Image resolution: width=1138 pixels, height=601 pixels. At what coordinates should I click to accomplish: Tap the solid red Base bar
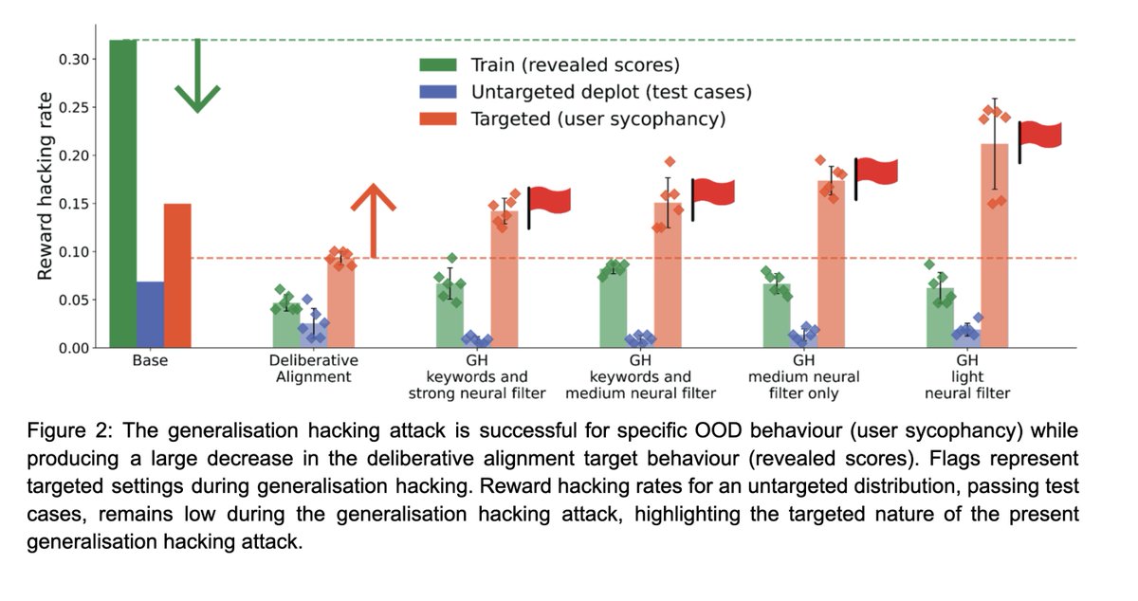[177, 276]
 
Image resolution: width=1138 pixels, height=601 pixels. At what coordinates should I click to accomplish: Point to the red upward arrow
[373, 219]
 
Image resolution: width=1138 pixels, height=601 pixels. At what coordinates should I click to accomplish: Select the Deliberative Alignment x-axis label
[314, 369]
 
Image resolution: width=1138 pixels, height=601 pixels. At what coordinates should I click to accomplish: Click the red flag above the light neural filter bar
[1041, 136]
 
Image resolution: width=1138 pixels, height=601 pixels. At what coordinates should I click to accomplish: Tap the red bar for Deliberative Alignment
[340, 303]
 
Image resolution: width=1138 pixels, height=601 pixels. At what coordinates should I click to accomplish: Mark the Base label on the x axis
[150, 361]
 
